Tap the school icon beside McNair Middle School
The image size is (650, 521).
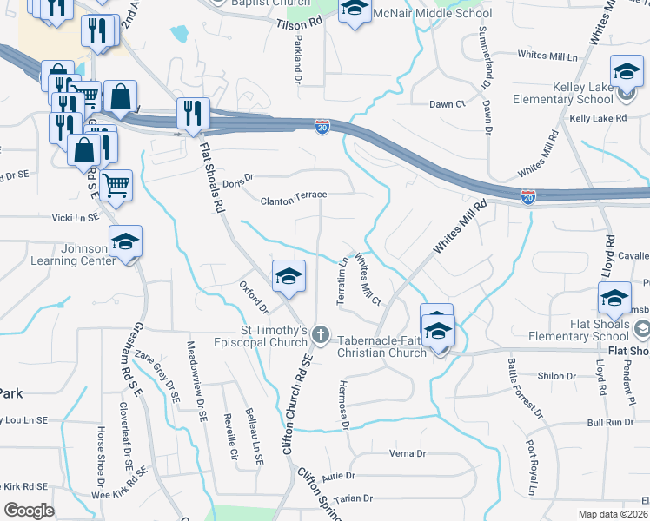pos(353,8)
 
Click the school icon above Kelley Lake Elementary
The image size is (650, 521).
pos(627,71)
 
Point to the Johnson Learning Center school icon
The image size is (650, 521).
pos(125,241)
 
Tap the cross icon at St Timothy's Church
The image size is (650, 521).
pos(321,335)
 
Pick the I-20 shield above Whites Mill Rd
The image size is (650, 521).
pos(527,196)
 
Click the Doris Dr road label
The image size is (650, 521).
pos(236,181)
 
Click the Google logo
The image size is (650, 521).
pos(29,510)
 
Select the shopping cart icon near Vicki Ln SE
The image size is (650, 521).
pos(116,186)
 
